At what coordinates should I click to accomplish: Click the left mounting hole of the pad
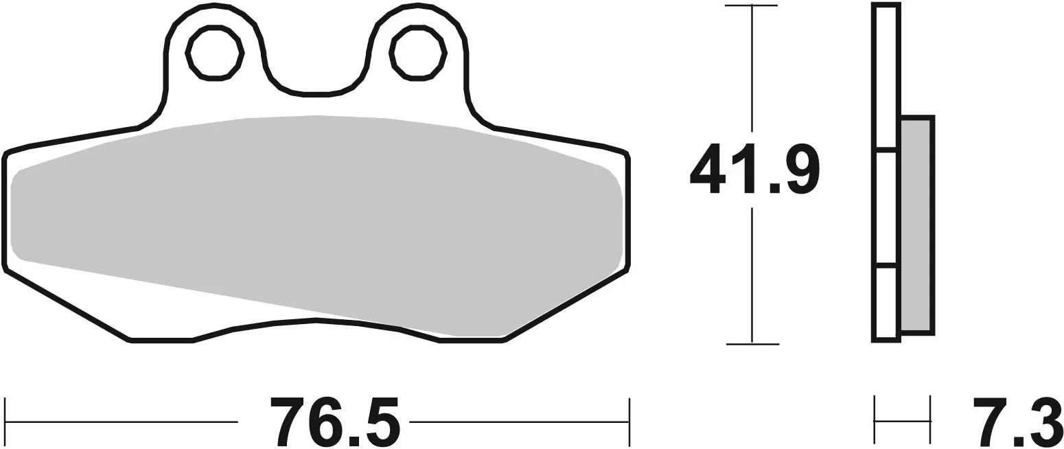tap(214, 54)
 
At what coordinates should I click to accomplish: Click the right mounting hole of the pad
tap(418, 54)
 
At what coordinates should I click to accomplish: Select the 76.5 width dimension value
tap(335, 421)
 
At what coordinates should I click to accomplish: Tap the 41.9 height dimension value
tap(753, 169)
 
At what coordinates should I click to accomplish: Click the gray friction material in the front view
tap(316, 220)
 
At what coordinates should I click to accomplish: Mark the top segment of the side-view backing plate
tap(886, 76)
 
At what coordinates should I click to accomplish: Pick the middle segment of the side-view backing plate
tap(886, 207)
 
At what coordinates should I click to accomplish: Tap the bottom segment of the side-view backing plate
tap(886, 301)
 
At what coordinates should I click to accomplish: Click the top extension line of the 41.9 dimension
tap(752, 5)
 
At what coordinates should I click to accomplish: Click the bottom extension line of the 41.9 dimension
tap(752, 343)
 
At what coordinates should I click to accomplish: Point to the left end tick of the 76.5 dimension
tap(5, 421)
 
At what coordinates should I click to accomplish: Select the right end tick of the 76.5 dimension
tap(629, 421)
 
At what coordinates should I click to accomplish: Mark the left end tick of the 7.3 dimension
tap(875, 420)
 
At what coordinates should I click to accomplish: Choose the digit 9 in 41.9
tap(801, 169)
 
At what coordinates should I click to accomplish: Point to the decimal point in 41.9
tap(774, 188)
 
